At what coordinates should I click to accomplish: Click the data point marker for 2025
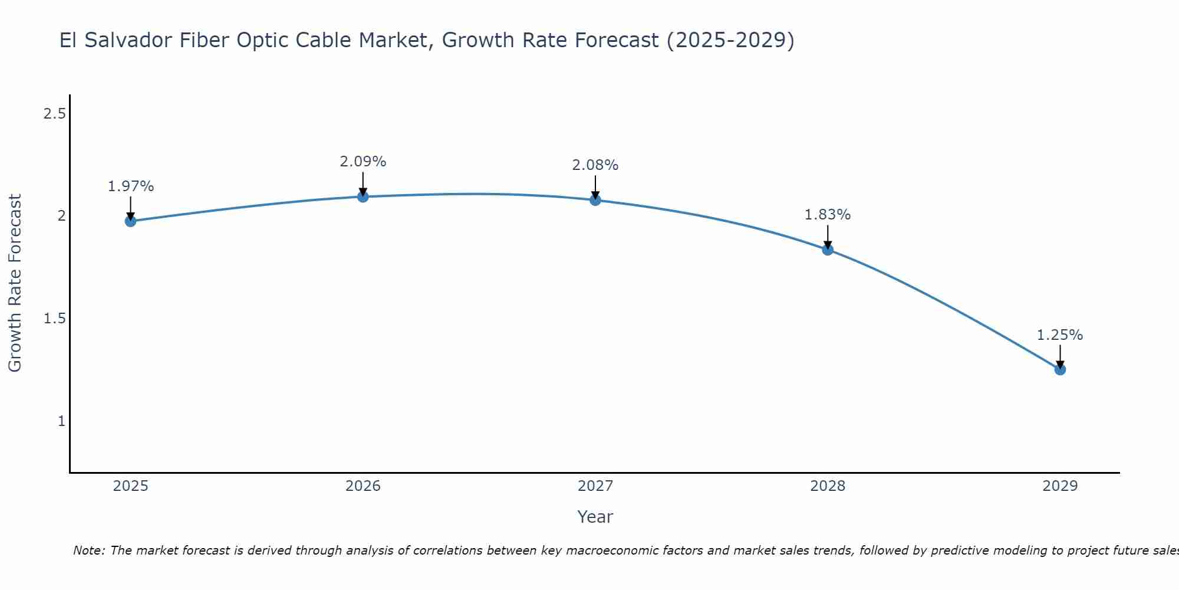point(130,221)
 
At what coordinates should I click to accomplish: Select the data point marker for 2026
point(363,196)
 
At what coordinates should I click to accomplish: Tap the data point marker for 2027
point(595,200)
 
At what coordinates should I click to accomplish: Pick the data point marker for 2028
point(828,250)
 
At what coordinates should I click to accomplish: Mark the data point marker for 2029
point(1060,369)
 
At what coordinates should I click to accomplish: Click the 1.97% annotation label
point(130,186)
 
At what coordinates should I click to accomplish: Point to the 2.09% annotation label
point(363,162)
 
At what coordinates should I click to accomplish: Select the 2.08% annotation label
point(595,165)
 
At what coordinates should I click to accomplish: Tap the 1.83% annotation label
point(828,215)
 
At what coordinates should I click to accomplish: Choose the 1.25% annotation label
point(1060,335)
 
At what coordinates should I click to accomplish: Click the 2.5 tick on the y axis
point(54,114)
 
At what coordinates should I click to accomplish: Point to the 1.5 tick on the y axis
point(54,319)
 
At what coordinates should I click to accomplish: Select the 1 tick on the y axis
point(61,421)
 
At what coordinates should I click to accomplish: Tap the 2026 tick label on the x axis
point(363,486)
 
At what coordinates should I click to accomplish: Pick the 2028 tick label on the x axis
point(828,486)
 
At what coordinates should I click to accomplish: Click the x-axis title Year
point(595,517)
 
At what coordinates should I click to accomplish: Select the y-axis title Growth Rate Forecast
point(15,283)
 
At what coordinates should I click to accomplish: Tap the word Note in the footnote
point(88,550)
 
